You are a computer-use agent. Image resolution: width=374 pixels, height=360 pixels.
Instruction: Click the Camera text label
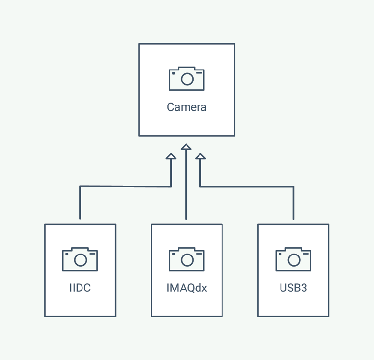pos(187,107)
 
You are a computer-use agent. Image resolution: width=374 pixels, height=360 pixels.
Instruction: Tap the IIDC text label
pos(80,288)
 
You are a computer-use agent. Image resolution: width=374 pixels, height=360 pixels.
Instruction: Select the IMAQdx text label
pos(187,288)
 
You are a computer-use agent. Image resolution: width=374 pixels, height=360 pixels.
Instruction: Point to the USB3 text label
pos(293,288)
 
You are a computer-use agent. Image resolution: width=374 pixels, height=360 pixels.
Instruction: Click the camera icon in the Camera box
pos(187,79)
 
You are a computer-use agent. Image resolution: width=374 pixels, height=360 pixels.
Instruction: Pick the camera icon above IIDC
pos(80,259)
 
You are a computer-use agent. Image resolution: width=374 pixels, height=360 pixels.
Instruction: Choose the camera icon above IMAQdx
pos(187,259)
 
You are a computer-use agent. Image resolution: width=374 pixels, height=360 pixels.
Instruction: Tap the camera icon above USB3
pos(293,259)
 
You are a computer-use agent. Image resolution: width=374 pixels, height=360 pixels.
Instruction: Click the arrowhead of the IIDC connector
pos(171,156)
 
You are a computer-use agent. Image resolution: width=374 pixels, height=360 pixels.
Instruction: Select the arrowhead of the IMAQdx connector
pos(186,147)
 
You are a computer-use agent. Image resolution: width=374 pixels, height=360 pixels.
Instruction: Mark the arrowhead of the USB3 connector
pos(200,156)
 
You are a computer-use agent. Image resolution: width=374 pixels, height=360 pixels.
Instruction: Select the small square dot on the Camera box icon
pos(174,73)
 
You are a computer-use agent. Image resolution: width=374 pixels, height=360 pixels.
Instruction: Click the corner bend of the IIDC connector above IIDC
pos(80,186)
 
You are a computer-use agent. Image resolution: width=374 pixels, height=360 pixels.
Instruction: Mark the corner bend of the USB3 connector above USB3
pos(293,186)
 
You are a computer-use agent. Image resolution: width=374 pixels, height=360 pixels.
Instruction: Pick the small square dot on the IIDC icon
pos(67,254)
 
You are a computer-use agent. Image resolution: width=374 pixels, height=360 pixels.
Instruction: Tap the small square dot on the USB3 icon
pos(280,254)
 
